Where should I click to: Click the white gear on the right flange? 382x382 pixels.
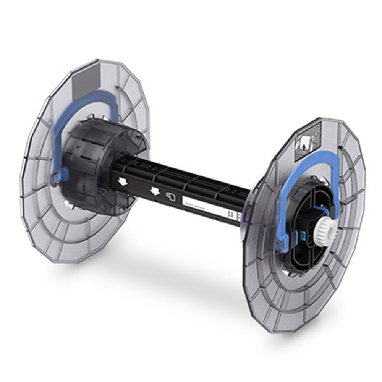326,228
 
